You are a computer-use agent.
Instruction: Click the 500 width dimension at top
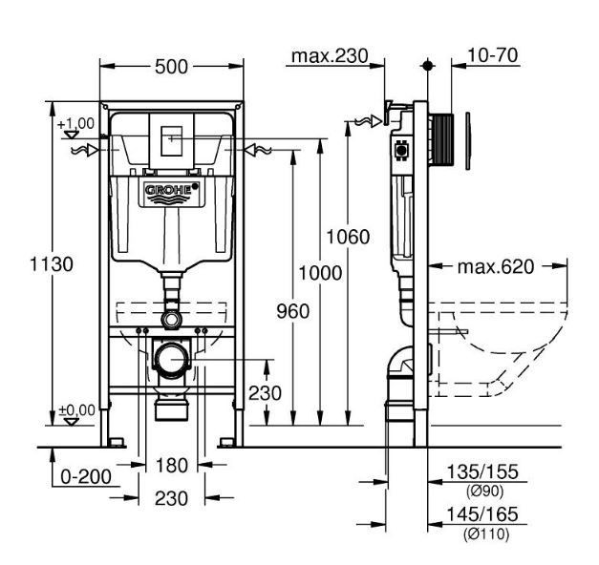(x=172, y=66)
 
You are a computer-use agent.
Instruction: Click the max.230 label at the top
(x=330, y=56)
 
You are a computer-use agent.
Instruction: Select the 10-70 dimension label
(x=493, y=55)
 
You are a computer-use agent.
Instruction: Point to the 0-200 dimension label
(x=84, y=474)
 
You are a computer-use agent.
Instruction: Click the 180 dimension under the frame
(x=171, y=466)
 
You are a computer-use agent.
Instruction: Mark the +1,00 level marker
(x=75, y=124)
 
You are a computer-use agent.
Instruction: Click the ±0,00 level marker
(x=76, y=410)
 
